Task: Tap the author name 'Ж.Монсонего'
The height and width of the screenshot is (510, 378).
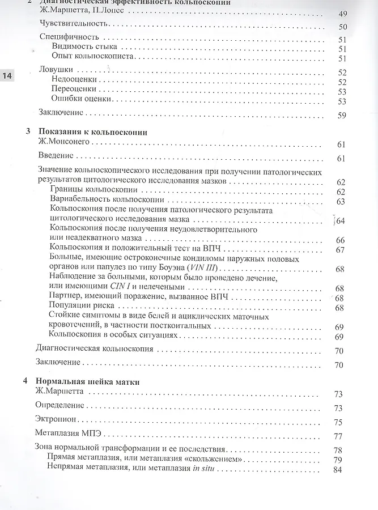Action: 62,142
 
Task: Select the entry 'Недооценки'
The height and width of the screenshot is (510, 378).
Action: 74,81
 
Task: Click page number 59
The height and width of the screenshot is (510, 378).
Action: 341,116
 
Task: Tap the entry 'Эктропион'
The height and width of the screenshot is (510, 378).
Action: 56,420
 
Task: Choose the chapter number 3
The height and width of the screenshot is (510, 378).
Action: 28,131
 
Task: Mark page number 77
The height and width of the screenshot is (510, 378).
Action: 339,436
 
